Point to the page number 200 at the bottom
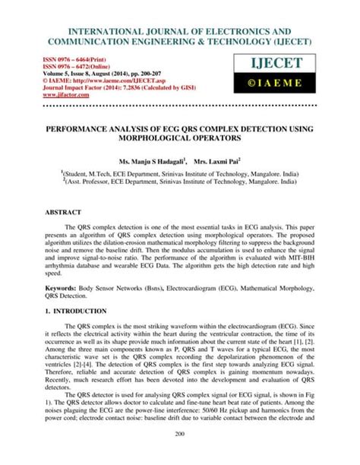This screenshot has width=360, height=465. [x=180, y=453]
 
